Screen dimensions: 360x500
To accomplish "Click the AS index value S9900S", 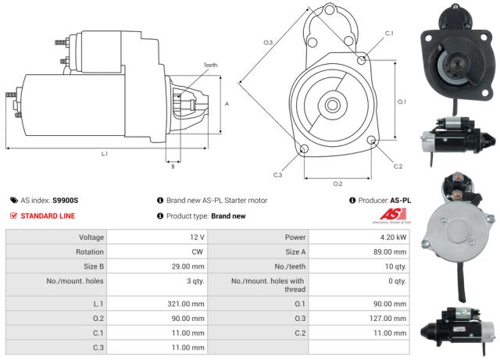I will [x=66, y=201].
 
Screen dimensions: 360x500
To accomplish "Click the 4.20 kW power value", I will [x=393, y=237].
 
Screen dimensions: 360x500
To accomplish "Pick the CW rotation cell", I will [x=198, y=252].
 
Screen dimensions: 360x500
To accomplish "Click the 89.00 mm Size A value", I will [x=390, y=252].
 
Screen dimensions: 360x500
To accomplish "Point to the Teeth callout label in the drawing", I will [x=211, y=65].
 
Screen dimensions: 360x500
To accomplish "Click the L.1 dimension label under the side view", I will [x=104, y=155].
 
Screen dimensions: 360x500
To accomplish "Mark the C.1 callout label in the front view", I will [x=389, y=34].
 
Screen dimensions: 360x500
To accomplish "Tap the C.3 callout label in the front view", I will [x=277, y=175].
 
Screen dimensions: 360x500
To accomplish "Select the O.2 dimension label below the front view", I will [x=337, y=184].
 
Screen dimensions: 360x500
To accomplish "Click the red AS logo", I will [x=388, y=215].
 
